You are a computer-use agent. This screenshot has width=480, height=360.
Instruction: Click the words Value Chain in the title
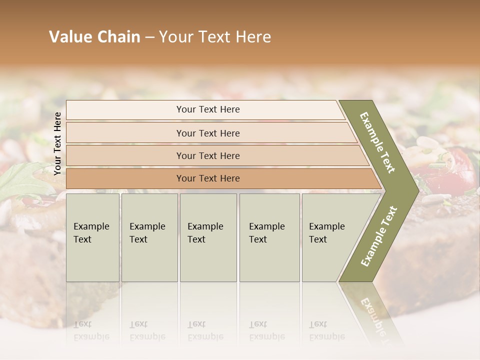[94, 37]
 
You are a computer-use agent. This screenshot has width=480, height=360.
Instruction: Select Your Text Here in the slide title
[215, 37]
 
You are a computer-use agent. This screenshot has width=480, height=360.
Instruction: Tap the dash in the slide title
[149, 37]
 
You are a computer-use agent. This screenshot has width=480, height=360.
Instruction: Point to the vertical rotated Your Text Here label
[57, 143]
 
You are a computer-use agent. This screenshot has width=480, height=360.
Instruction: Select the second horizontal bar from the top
[207, 133]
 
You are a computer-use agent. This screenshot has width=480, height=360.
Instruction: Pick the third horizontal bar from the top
[207, 155]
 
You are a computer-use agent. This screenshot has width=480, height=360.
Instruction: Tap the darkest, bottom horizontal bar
[207, 178]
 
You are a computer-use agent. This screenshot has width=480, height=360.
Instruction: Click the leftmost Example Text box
[92, 237]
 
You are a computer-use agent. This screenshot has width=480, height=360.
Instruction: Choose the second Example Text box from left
[149, 237]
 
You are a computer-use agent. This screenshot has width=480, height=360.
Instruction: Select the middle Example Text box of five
[208, 237]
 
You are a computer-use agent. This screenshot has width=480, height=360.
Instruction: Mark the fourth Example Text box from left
[269, 237]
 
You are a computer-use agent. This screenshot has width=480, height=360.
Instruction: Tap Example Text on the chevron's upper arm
[377, 142]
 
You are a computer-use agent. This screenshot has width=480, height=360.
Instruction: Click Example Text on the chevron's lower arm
[378, 236]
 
